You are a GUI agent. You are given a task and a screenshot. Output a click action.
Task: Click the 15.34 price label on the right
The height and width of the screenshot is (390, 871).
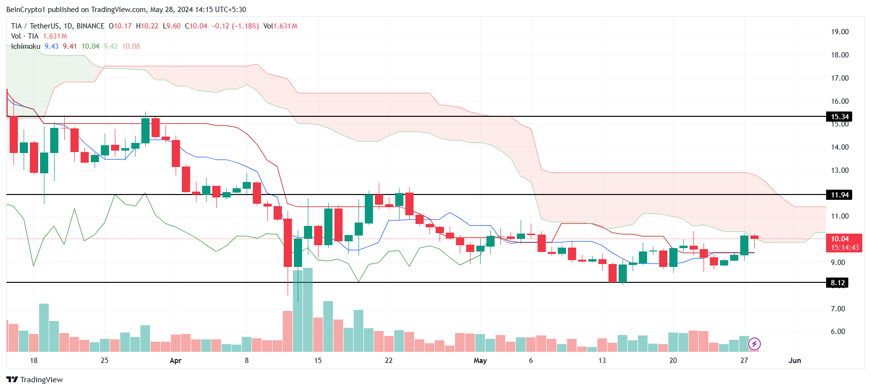pyautogui.click(x=839, y=117)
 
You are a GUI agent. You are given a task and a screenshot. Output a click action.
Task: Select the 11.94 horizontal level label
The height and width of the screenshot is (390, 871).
pyautogui.click(x=839, y=195)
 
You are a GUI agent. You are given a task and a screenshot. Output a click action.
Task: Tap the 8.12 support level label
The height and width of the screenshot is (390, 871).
pyautogui.click(x=838, y=283)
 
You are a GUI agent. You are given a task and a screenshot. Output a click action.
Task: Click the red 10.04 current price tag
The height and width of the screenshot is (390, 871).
pyautogui.click(x=840, y=239)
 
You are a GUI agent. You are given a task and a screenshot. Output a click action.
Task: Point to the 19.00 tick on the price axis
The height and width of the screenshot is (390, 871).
pyautogui.click(x=840, y=32)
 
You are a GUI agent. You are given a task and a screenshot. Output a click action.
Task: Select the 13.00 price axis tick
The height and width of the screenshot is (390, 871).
pyautogui.click(x=840, y=170)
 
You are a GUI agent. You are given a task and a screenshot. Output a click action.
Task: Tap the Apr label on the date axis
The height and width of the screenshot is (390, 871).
pyautogui.click(x=176, y=361)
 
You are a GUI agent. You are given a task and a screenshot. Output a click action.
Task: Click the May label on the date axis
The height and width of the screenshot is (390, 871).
pyautogui.click(x=480, y=361)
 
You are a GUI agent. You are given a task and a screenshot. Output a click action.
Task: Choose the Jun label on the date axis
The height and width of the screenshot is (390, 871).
pyautogui.click(x=795, y=361)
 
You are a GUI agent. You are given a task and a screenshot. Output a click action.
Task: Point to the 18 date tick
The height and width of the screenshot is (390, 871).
pyautogui.click(x=33, y=361)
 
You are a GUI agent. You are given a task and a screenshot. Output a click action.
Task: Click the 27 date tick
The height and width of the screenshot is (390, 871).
pyautogui.click(x=744, y=361)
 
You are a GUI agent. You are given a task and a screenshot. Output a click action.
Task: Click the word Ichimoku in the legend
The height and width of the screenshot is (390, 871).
pyautogui.click(x=26, y=46)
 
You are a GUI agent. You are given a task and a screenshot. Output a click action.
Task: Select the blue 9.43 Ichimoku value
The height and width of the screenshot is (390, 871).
pyautogui.click(x=52, y=46)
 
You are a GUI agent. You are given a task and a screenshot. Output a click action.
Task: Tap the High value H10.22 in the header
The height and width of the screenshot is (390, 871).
pyautogui.click(x=147, y=26)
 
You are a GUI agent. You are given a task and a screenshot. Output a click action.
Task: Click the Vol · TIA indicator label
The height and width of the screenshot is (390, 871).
pyautogui.click(x=25, y=36)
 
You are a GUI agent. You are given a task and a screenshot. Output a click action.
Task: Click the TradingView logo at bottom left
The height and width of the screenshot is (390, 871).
pyautogui.click(x=34, y=379)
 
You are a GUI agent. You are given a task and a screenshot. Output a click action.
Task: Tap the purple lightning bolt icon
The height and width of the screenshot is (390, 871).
pyautogui.click(x=754, y=344)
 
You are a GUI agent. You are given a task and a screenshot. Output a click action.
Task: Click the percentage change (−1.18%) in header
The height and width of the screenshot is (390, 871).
pyautogui.click(x=246, y=26)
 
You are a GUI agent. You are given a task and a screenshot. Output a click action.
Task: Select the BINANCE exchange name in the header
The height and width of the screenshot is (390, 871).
pyautogui.click(x=90, y=26)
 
